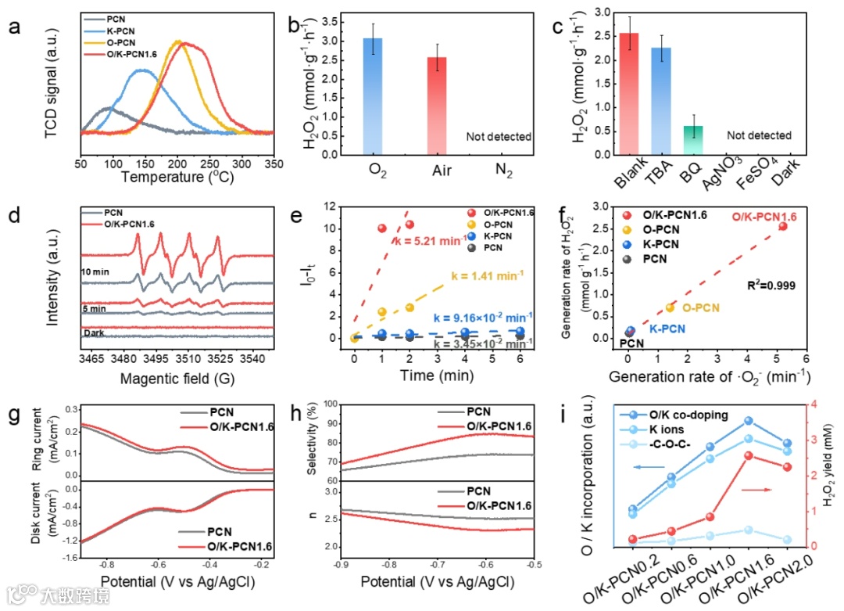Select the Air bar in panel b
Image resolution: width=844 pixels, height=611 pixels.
point(437,106)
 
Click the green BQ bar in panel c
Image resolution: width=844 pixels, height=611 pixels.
point(693,142)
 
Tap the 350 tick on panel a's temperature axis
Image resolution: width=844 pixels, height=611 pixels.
point(274,164)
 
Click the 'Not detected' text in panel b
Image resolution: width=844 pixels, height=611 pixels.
point(499,137)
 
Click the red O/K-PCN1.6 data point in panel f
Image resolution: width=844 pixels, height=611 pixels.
point(782,226)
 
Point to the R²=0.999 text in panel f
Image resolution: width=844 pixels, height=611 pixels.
point(770,286)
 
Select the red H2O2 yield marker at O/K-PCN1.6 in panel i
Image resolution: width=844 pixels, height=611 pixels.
point(748,455)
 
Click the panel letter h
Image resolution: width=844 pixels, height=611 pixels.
point(298,415)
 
